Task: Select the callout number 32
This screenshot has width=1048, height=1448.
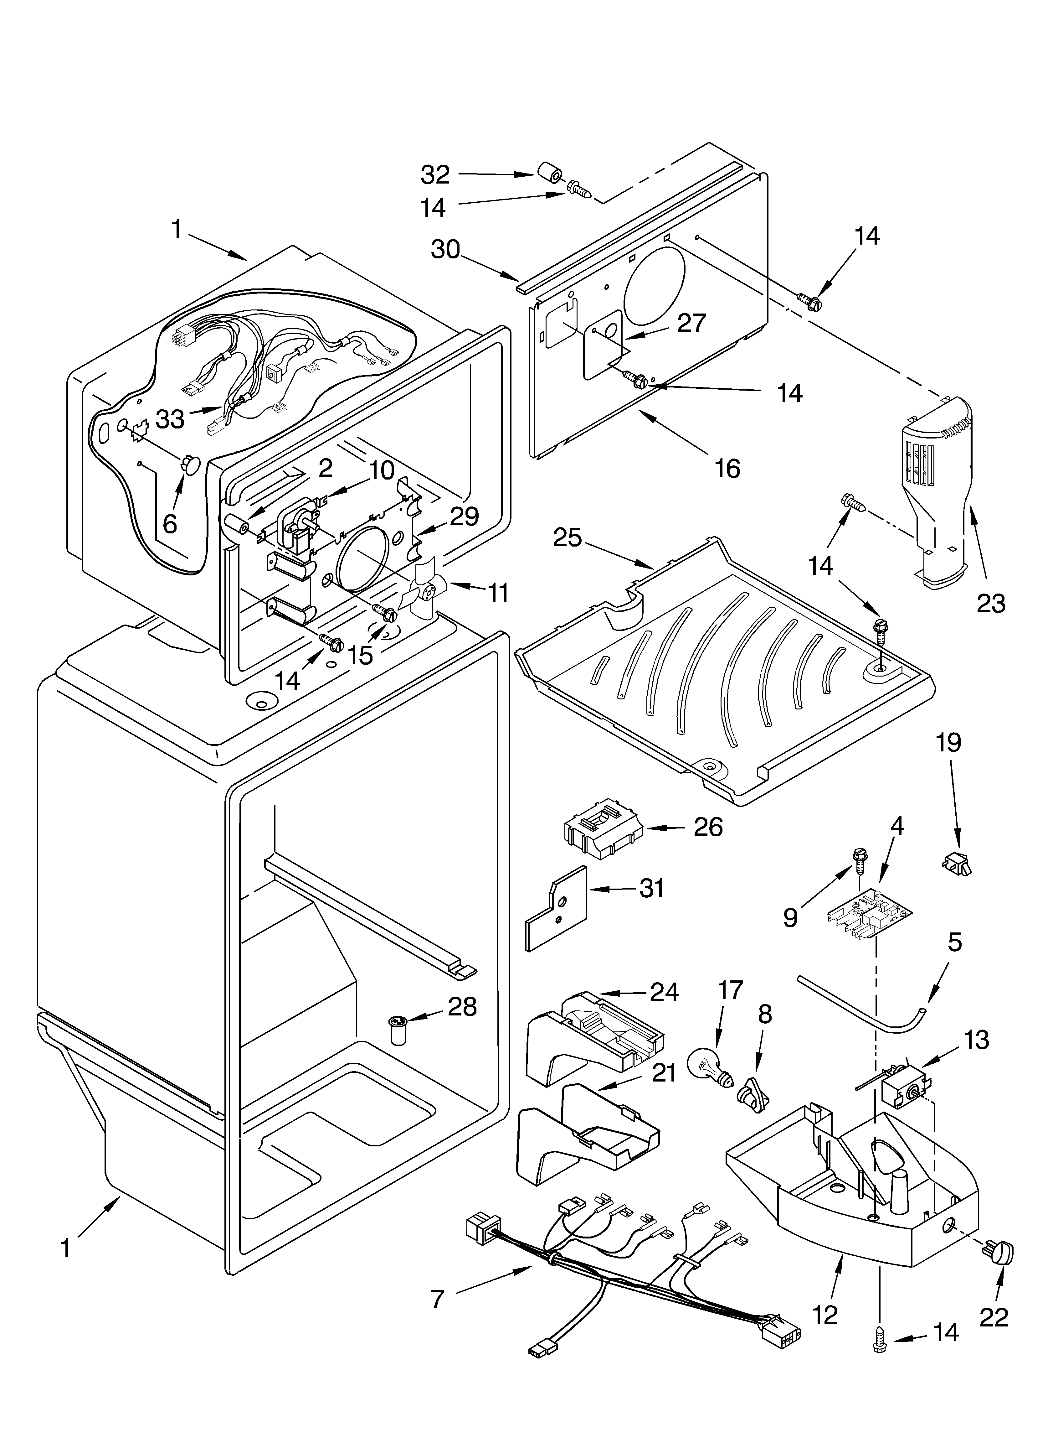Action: coord(435,174)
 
